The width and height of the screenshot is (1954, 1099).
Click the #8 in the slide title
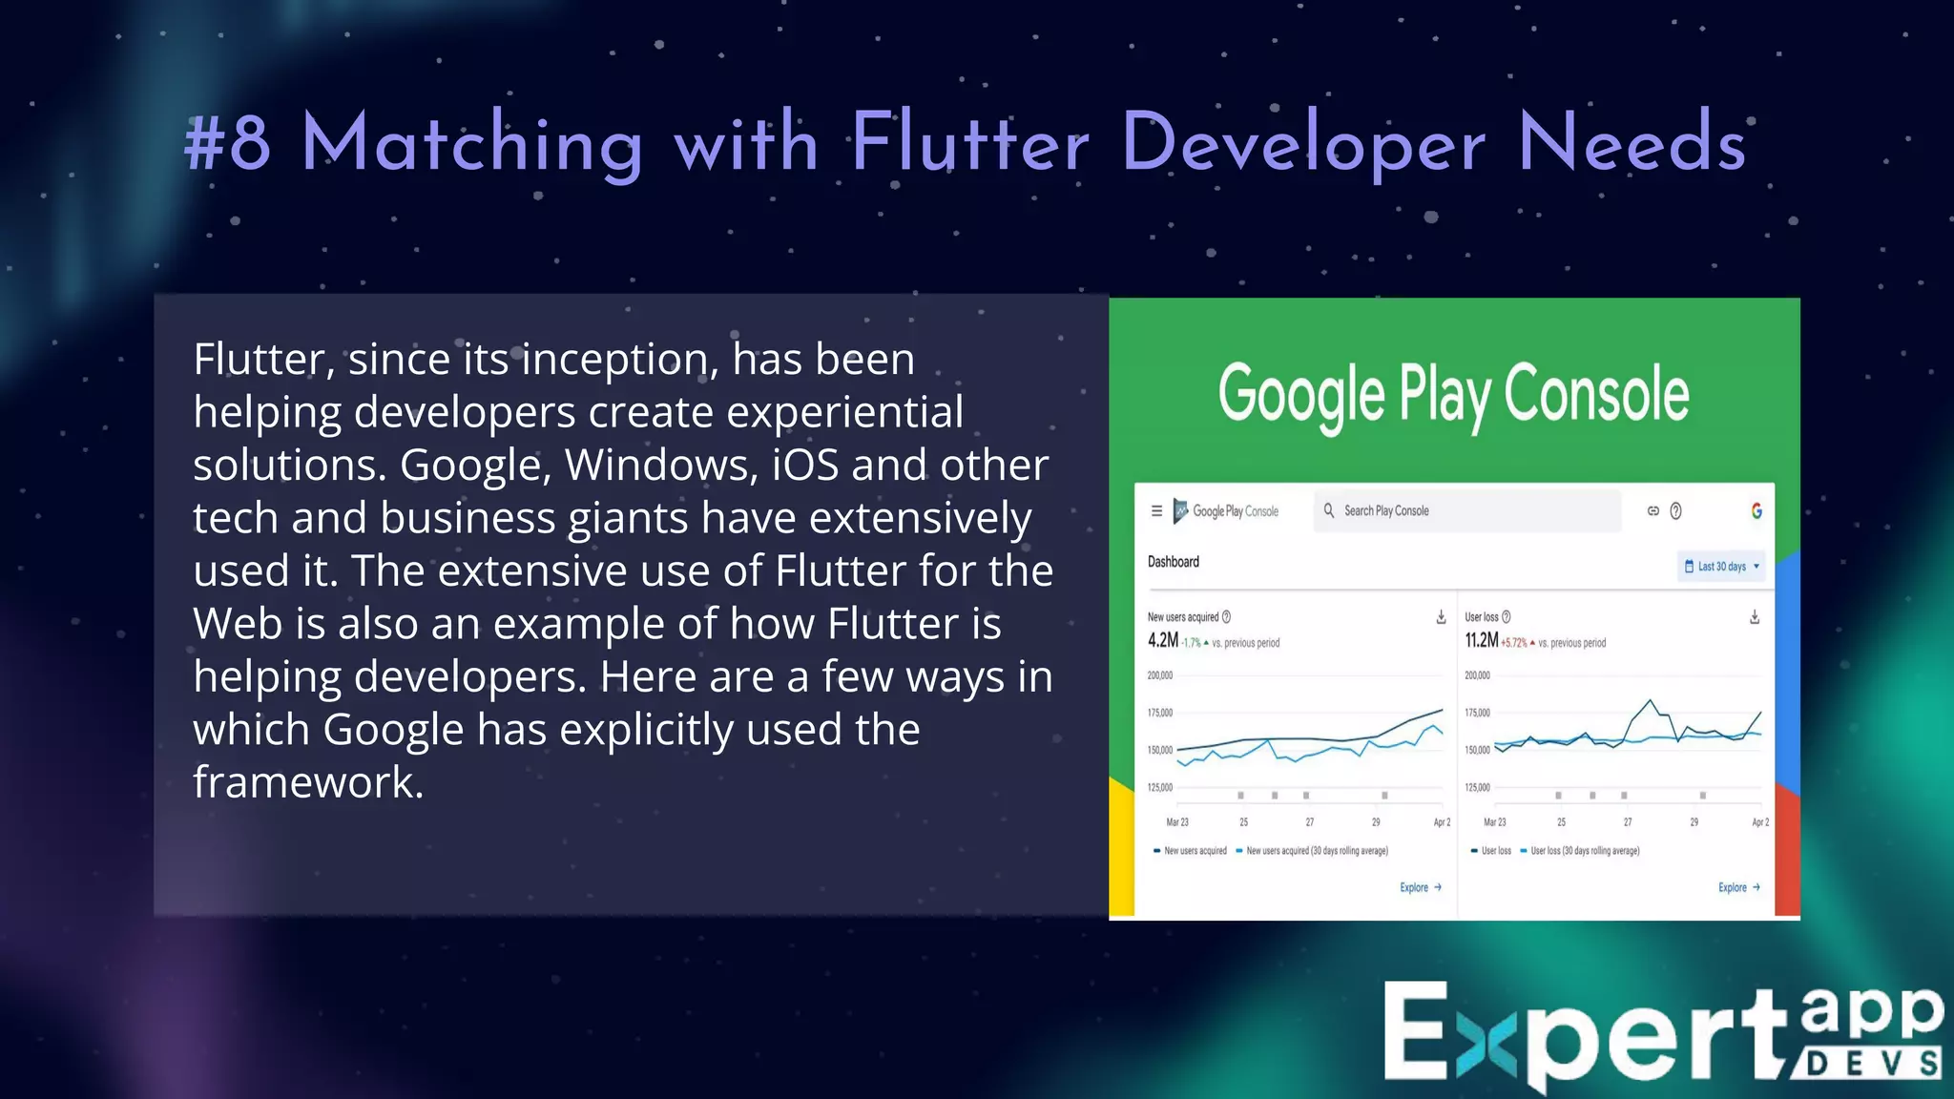[227, 143]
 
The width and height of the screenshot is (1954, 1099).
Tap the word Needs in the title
[1632, 143]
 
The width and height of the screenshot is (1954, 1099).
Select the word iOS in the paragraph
[805, 465]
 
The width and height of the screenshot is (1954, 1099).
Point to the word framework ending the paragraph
[307, 782]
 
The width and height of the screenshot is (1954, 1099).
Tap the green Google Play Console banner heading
[1453, 394]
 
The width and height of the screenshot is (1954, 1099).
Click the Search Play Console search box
[1467, 511]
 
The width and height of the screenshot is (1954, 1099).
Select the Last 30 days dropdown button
[1721, 567]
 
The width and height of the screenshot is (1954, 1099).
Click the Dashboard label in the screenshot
[1173, 562]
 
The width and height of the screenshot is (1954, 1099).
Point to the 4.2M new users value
[1162, 641]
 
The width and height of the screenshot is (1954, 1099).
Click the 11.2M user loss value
[1481, 641]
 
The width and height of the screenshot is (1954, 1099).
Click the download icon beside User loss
[1754, 617]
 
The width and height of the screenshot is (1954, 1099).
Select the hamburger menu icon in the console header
[1156, 511]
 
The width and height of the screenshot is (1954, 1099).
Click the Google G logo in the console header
[1757, 511]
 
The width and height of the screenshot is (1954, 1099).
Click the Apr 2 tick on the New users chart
[1441, 821]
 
